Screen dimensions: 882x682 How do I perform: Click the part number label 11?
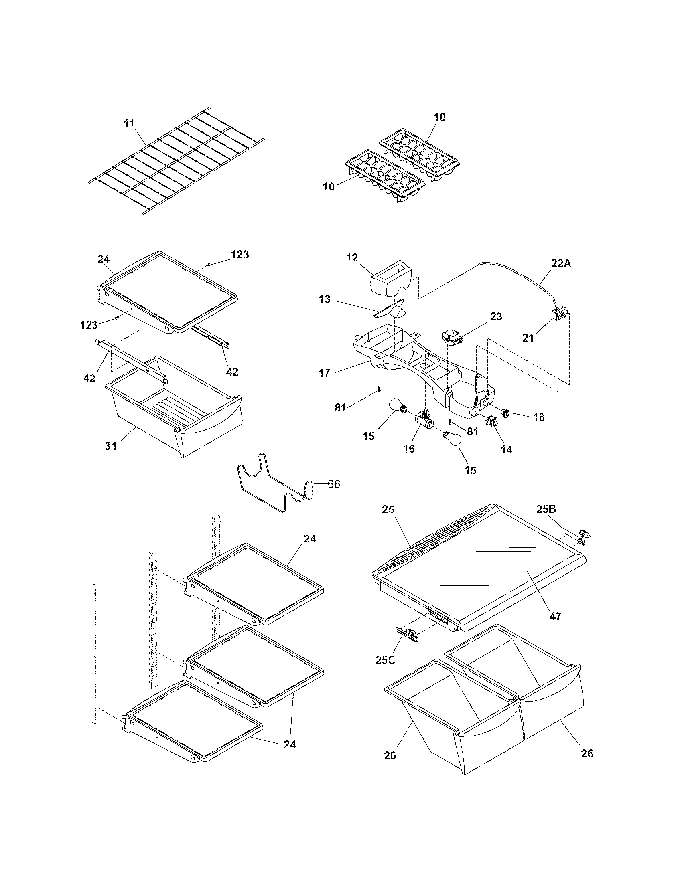129,123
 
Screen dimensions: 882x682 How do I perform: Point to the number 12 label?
352,258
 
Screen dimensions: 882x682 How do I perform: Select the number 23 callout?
496,317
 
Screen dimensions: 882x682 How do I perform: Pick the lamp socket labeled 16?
424,423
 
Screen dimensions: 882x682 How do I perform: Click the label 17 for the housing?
324,373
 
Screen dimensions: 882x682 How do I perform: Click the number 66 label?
334,484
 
